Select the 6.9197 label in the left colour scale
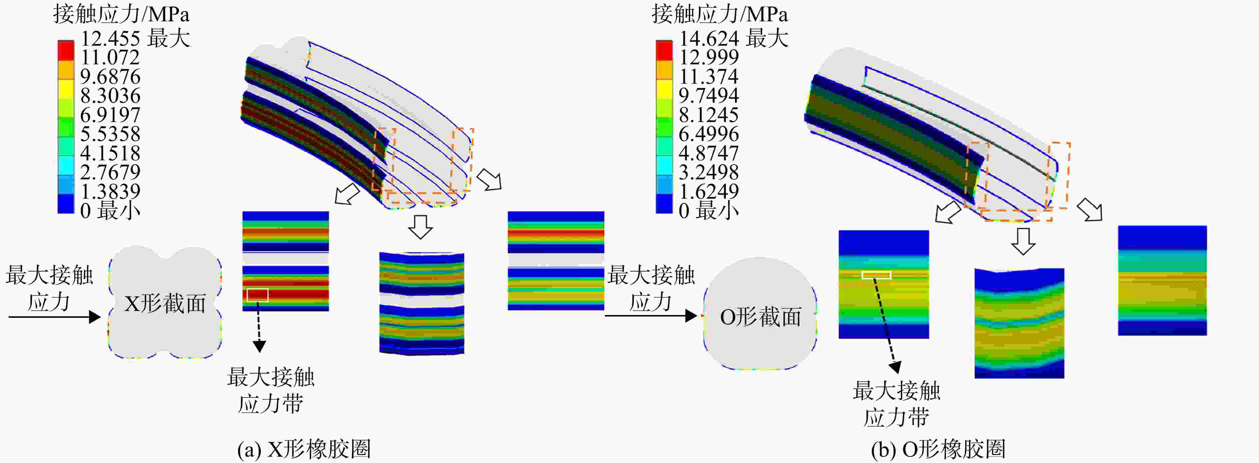tap(111, 115)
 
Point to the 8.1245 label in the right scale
tap(709, 115)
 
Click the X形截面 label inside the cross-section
tap(165, 304)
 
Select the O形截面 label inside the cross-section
tap(760, 317)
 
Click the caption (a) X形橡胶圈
tap(304, 449)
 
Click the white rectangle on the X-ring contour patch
tap(257, 295)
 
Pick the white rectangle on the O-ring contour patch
tap(876, 275)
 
